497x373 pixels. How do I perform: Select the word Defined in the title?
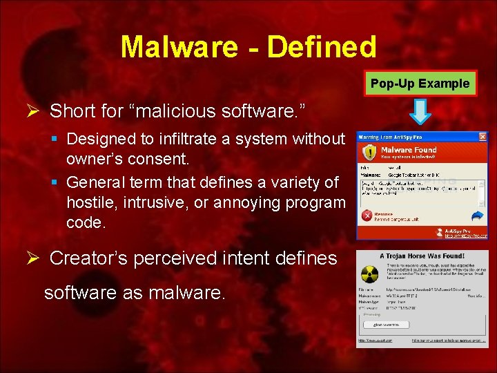pyautogui.click(x=321, y=47)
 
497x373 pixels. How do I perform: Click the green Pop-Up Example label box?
pyautogui.click(x=420, y=84)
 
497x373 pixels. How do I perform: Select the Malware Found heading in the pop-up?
pyautogui.click(x=409, y=149)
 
